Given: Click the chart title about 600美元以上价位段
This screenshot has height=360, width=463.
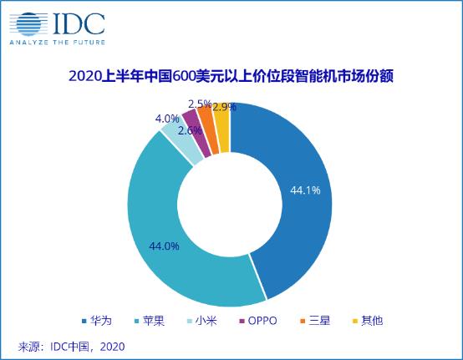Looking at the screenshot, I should point(231,77).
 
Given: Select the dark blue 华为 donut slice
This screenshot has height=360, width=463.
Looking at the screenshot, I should point(300,200).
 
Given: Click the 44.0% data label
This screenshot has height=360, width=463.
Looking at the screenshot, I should point(165,246).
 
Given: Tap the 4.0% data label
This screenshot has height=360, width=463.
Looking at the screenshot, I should point(167,119).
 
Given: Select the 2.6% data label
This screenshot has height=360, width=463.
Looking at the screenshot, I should point(190,129).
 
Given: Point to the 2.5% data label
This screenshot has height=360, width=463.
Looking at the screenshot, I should point(200,104).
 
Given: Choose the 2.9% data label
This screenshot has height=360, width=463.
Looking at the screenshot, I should point(223,107).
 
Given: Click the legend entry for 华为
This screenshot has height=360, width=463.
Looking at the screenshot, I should point(97,320).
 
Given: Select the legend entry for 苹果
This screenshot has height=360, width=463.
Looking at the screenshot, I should point(148,320).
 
